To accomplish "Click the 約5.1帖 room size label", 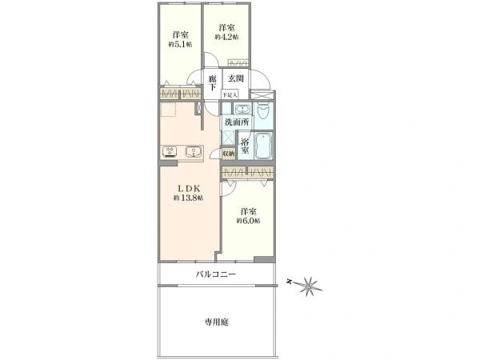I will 180,44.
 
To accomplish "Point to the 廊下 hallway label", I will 212,82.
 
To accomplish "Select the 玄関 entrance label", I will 235,78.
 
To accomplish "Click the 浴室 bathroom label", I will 246,146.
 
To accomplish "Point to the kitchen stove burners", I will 172,151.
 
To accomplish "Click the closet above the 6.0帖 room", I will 247,173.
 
